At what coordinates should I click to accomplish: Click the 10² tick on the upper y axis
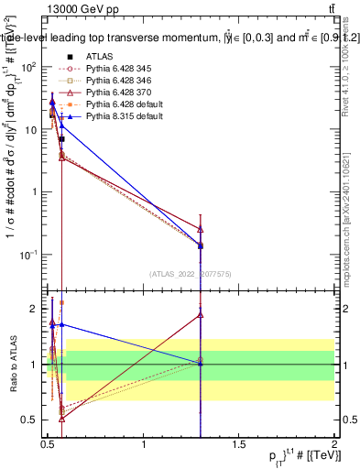tap(31, 67)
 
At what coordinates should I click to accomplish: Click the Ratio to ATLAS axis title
tap(12, 364)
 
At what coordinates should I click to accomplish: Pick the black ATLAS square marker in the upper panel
tap(61, 138)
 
